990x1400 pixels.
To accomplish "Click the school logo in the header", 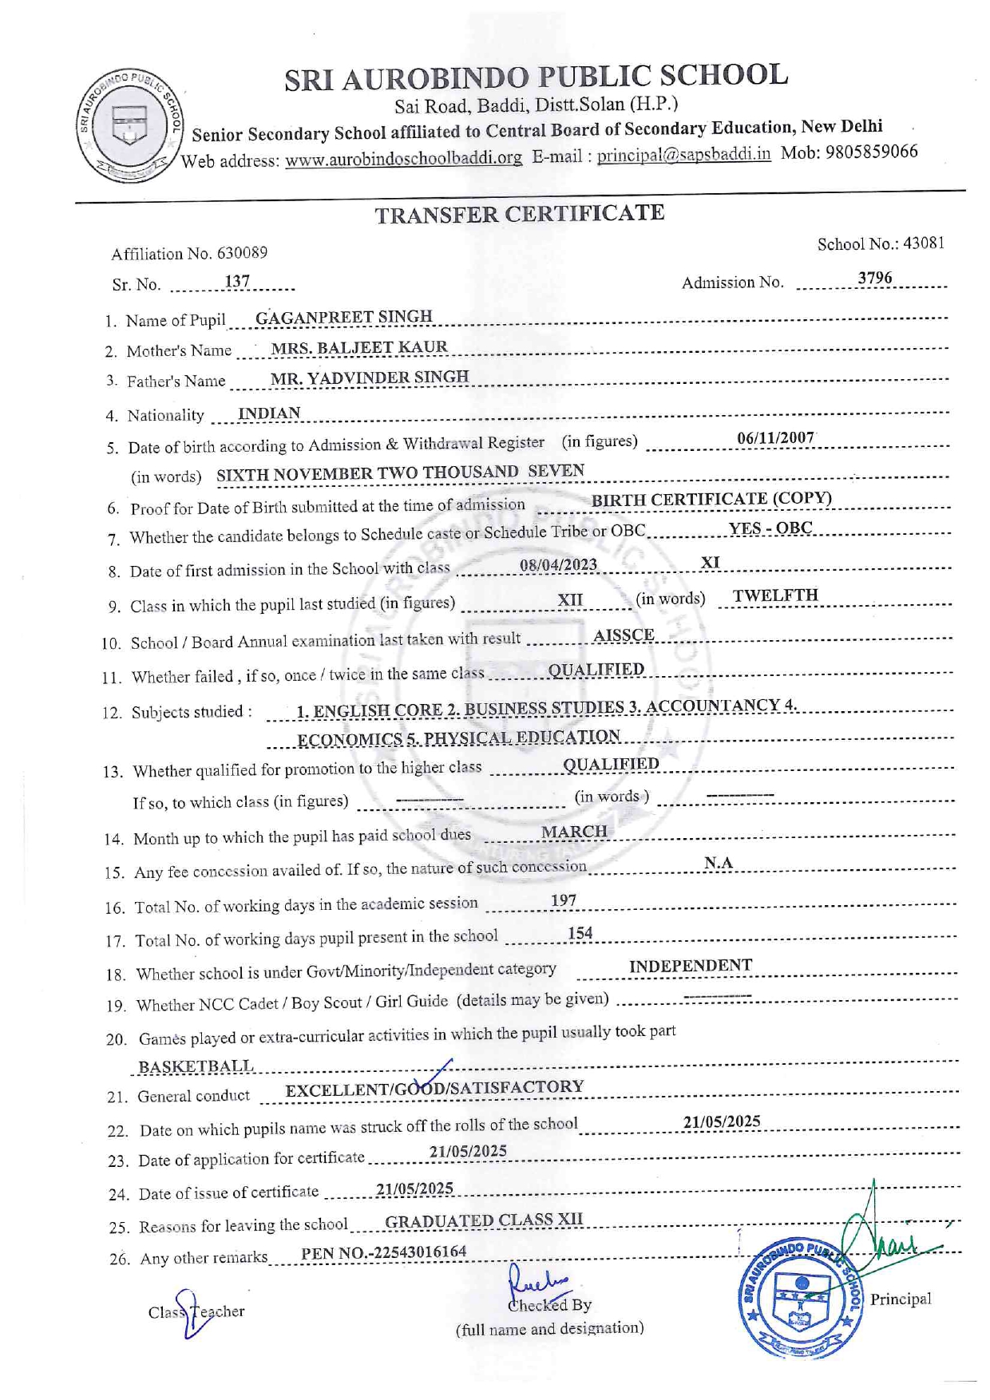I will coord(129,125).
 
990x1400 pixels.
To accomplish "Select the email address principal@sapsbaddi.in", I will coord(683,154).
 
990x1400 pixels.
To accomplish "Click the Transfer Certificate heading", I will coord(520,214).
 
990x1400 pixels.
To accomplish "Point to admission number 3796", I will coord(875,278).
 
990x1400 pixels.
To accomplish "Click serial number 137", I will coord(237,282).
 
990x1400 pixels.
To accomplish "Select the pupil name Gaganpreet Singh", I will coord(343,317).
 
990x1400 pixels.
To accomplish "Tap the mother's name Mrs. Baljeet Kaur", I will coord(358,347).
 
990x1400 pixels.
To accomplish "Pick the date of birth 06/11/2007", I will coord(775,437).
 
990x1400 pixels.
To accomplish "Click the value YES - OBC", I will coord(770,528).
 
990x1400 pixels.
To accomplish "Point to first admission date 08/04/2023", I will coord(558,565).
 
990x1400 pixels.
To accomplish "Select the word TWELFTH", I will coord(775,595).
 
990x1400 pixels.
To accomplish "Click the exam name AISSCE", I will coord(624,635).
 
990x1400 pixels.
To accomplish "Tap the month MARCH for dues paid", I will coord(574,832).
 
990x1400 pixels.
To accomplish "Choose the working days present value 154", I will coord(580,933).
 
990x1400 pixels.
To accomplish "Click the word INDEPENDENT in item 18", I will coord(690,966).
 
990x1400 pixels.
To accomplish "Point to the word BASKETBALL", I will coord(196,1066).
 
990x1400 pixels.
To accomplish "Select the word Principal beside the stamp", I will coord(901,1299).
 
